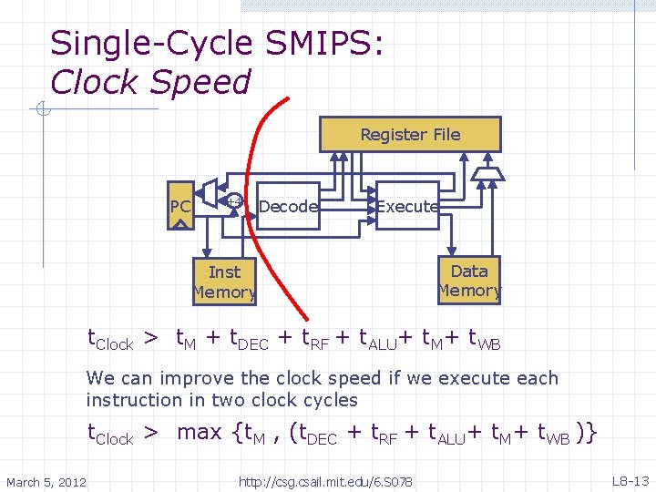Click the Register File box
tap(410, 134)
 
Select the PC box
tap(180, 207)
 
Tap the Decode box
tap(288, 207)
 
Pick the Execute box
tap(407, 207)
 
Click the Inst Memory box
tap(224, 282)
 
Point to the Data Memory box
tap(469, 281)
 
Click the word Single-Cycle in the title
tap(150, 43)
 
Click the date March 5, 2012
tap(46, 481)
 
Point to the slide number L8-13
tap(630, 480)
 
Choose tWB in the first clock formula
tap(483, 341)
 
